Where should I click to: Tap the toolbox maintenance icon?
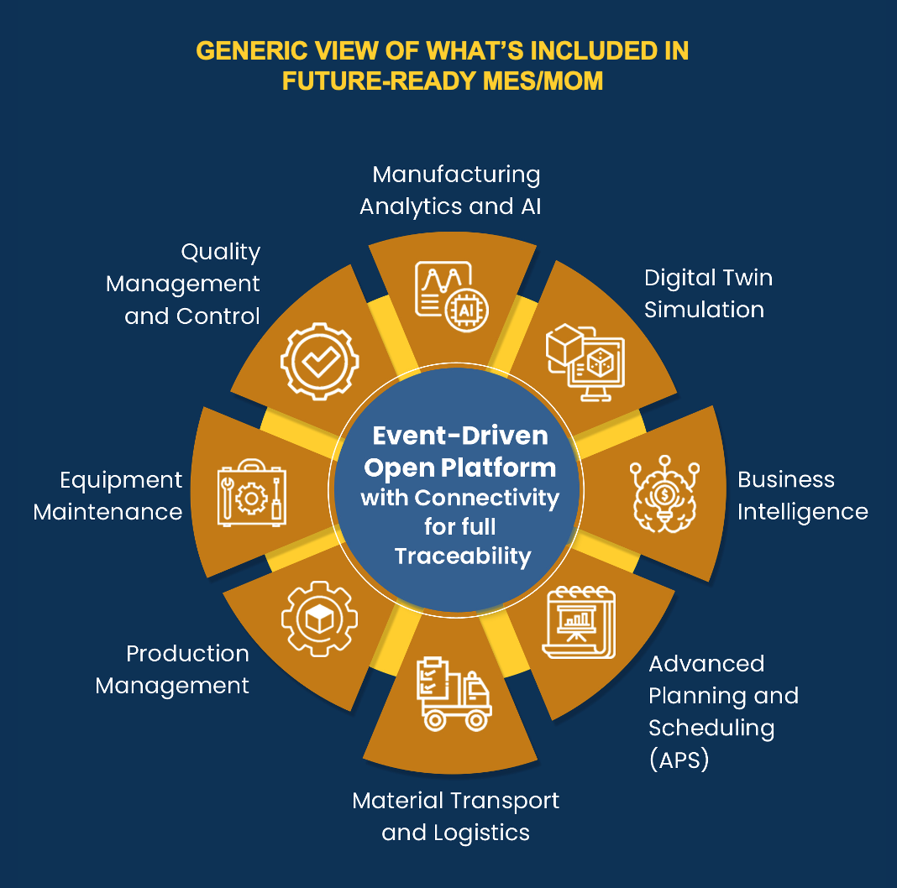pyautogui.click(x=251, y=493)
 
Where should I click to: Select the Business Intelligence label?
pyautogui.click(x=802, y=495)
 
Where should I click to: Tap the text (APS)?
pyautogui.click(x=679, y=760)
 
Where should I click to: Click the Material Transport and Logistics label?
pyautogui.click(x=456, y=816)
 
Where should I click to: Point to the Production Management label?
pyautogui.click(x=172, y=669)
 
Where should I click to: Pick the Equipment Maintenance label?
pyautogui.click(x=108, y=495)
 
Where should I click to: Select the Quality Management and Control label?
pyautogui.click(x=184, y=284)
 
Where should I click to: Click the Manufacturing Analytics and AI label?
pyautogui.click(x=450, y=190)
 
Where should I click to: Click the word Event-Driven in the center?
pyautogui.click(x=460, y=436)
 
